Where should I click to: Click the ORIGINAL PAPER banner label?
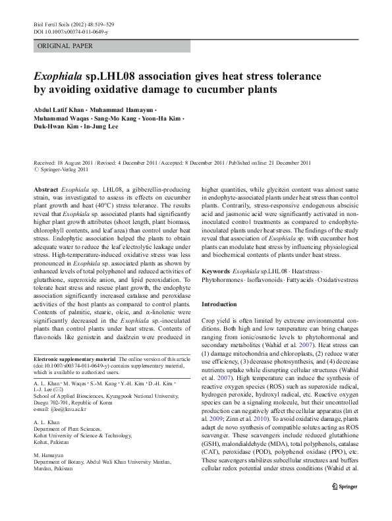(66, 46)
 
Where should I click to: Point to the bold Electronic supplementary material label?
(73, 359)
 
